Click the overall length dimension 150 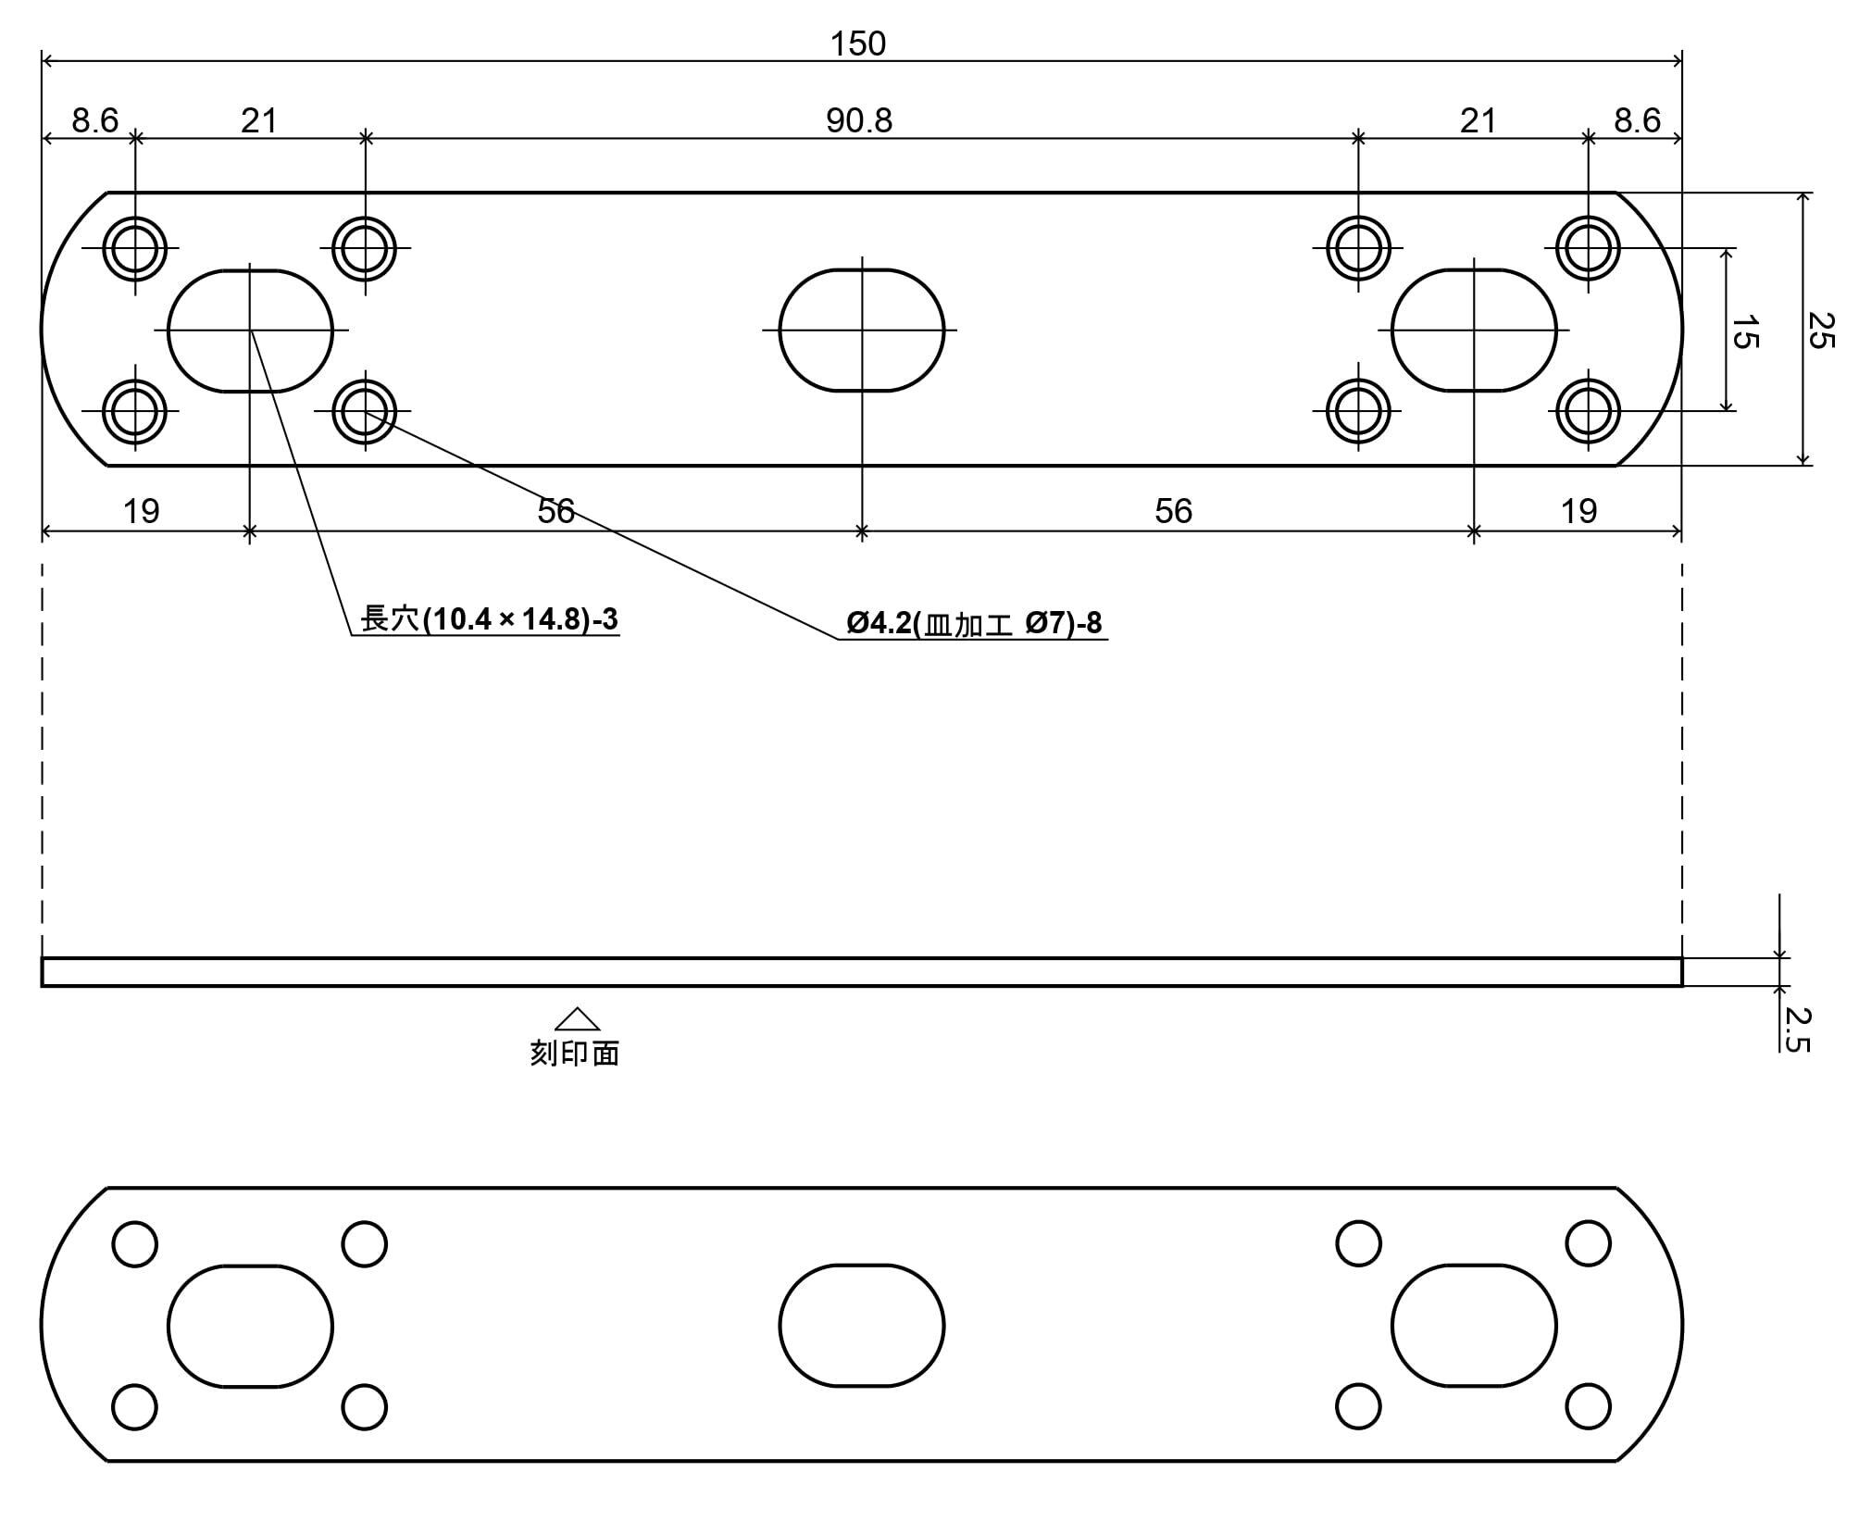click(858, 44)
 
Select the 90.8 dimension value click(859, 120)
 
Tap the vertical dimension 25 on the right click(1819, 330)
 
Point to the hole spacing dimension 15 click(1743, 331)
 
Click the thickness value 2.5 click(1796, 1029)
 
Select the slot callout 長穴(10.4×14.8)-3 click(489, 618)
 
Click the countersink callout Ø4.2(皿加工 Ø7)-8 click(974, 623)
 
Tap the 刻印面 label click(574, 1053)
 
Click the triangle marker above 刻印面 click(577, 1018)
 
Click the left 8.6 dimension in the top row click(95, 120)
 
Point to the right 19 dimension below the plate click(1578, 511)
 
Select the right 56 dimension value click(1173, 511)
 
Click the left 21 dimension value click(259, 120)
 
